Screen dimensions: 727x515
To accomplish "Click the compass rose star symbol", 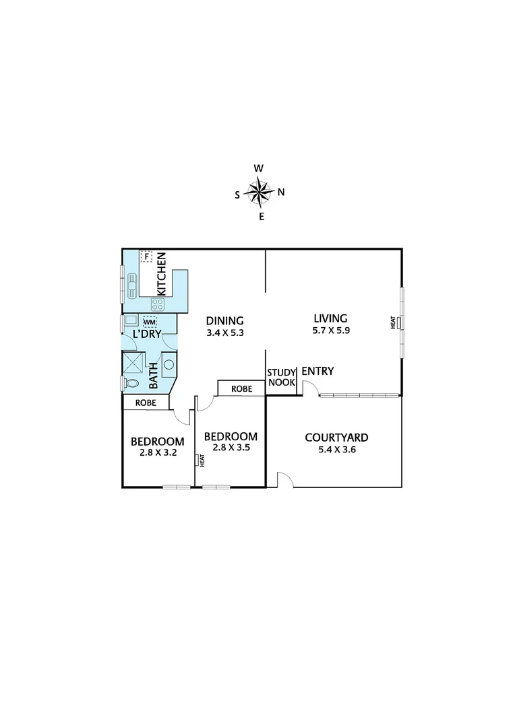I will pos(258,192).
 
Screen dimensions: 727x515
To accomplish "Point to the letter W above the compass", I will pos(258,168).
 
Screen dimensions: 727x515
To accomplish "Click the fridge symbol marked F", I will pos(146,256).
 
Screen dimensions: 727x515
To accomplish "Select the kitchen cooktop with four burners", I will pos(157,305).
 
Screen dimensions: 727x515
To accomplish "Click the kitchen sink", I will pos(131,287).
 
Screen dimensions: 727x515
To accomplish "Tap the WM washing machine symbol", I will pos(150,322).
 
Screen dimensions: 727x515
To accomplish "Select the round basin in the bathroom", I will pos(169,365).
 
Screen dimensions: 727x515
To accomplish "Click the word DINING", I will pos(224,320).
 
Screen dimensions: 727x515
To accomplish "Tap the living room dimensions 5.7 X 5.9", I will pos(330,331).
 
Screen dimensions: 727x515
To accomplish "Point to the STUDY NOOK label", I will pos(282,377).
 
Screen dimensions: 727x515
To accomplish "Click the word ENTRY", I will pos(317,371).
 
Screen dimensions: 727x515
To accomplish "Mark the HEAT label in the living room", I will pos(393,322).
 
